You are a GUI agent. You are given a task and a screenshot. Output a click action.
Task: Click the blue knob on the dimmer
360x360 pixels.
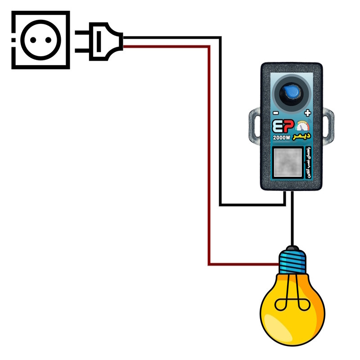[x=291, y=94]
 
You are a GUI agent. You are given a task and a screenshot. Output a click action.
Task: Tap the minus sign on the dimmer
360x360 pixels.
[x=275, y=112]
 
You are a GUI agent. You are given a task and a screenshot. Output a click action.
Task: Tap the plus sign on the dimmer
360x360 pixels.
[x=308, y=112]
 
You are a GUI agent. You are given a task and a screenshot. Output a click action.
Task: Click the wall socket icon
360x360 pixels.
[x=41, y=40]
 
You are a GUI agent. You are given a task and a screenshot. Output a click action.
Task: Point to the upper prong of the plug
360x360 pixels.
[x=83, y=33]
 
